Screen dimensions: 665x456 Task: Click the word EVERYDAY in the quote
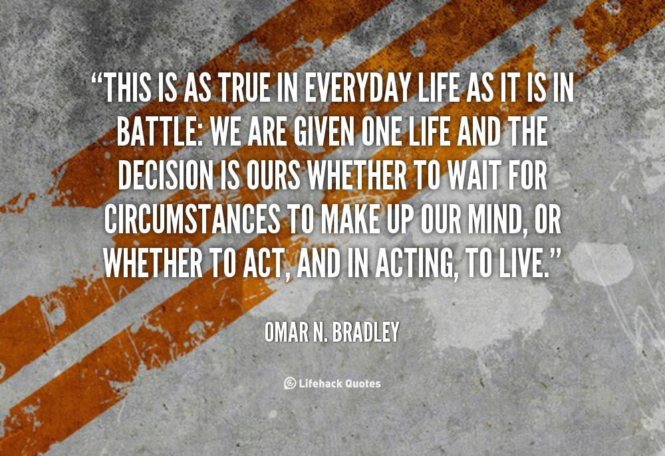357,88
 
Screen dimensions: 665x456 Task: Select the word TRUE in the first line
244,88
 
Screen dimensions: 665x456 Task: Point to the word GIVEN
324,132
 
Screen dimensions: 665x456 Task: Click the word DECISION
166,175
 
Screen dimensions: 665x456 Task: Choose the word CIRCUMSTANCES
192,219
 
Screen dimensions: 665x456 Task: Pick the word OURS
273,175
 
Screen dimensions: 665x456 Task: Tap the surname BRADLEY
366,332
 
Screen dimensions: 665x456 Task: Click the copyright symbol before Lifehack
290,383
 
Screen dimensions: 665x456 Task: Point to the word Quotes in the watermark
362,384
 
